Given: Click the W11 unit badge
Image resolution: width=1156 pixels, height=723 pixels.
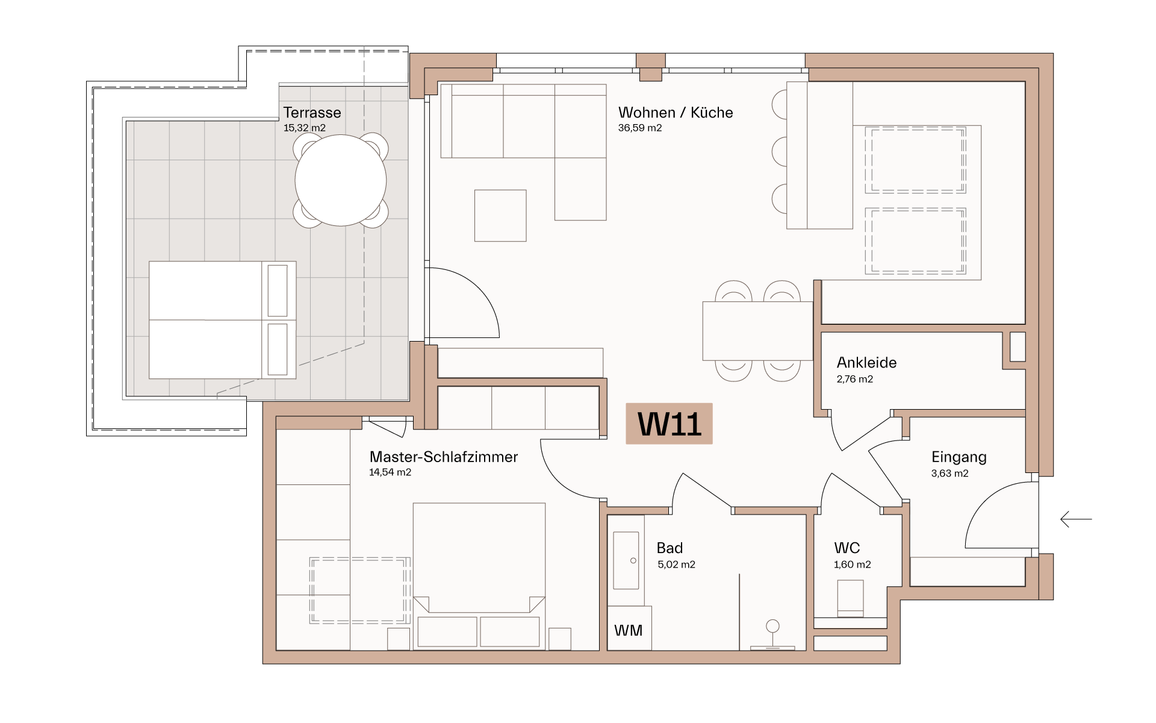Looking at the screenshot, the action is [669, 424].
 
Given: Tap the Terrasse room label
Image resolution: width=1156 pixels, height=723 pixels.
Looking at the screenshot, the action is [312, 113].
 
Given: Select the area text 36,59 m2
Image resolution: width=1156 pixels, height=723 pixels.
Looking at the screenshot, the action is [639, 128].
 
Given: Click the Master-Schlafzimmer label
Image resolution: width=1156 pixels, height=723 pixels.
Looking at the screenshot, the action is [443, 457].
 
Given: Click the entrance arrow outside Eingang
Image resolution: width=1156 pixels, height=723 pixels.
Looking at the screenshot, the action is [1076, 519].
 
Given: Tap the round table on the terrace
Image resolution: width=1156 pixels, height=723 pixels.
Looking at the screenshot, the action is [341, 180].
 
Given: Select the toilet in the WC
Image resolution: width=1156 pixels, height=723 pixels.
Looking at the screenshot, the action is [850, 598].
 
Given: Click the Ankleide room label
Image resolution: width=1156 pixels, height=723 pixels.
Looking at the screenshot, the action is [866, 363].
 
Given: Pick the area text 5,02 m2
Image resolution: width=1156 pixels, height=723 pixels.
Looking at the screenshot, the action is [676, 565].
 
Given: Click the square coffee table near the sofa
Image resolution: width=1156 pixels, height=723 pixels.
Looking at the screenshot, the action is [500, 216].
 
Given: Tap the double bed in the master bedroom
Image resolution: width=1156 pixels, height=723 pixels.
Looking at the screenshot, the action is [479, 575].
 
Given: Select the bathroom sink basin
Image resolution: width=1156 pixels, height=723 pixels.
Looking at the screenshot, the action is [626, 560].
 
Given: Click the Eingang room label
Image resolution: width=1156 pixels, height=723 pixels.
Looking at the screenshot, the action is [959, 457].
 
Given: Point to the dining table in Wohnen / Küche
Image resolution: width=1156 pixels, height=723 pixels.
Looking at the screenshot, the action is [757, 331].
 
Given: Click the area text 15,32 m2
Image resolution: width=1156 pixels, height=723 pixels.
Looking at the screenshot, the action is [304, 128].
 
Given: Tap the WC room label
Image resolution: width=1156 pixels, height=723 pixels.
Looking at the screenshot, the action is [847, 548].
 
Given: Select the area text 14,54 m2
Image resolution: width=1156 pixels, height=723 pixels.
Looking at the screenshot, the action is [390, 472].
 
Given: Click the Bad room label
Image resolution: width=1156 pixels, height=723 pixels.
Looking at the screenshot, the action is [670, 548].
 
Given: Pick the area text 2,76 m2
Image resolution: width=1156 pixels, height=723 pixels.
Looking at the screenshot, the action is [854, 379].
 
